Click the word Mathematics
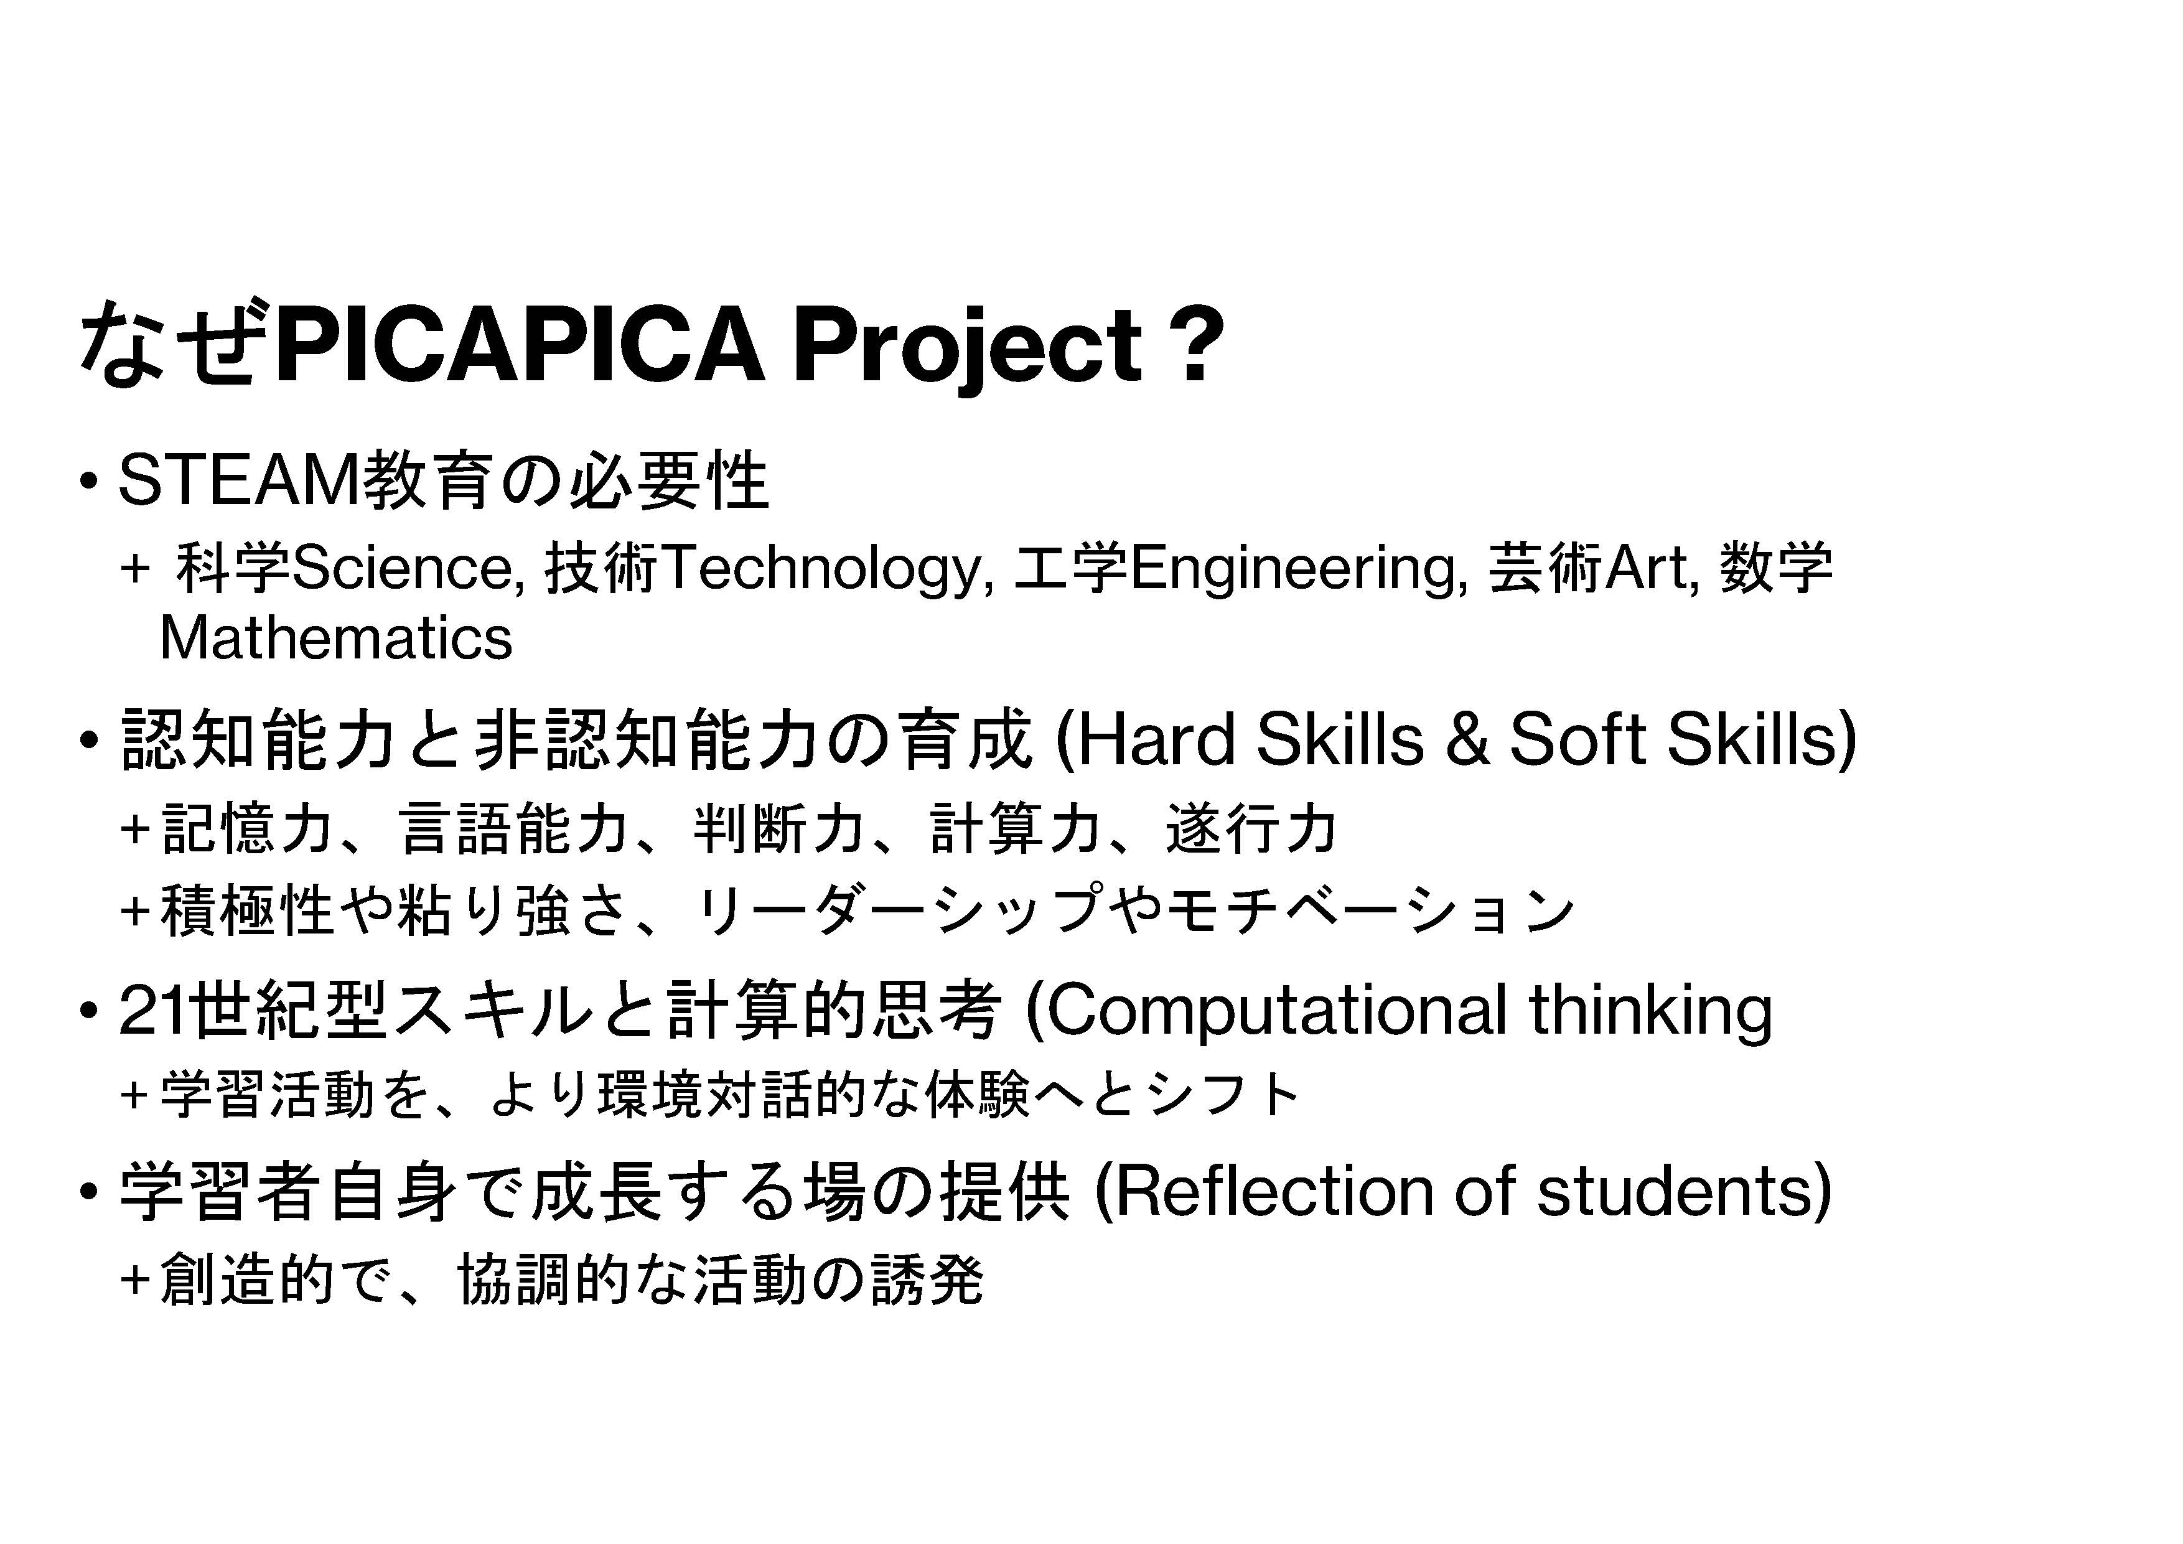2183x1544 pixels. point(335,638)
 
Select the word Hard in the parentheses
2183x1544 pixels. point(1154,740)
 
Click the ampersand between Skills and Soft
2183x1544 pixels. point(1467,741)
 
